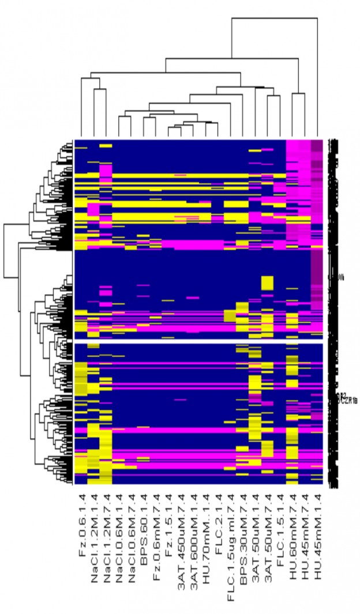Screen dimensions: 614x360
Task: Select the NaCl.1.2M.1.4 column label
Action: pos(95,537)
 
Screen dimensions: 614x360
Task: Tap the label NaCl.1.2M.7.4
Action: pos(108,537)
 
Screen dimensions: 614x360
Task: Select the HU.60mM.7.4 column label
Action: pos(293,534)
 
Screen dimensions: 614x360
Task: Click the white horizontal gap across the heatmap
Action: pos(196,343)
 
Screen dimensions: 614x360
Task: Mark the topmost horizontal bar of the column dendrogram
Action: pos(274,18)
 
